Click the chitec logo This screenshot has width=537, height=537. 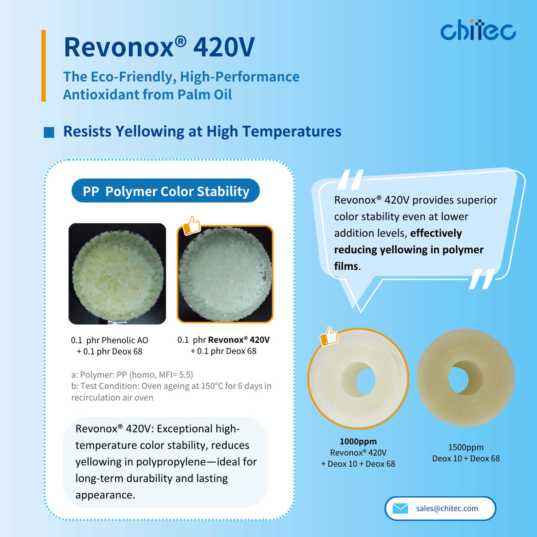point(478,30)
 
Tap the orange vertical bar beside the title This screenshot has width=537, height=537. point(43,66)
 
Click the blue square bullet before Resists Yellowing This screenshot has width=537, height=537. point(49,132)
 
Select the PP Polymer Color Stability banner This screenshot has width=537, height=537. point(166,191)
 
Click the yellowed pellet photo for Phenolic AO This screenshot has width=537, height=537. point(117,274)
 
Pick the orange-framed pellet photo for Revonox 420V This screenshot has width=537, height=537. point(225,274)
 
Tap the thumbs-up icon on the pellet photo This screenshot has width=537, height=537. point(192,226)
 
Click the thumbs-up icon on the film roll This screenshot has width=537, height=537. point(329,337)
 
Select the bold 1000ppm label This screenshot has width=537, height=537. point(358,441)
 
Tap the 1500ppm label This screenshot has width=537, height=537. point(466,447)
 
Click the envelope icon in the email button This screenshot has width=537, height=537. point(400,508)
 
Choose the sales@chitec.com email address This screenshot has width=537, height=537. point(447,508)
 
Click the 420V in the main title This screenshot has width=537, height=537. point(224,47)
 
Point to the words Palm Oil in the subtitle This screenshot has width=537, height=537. point(205,94)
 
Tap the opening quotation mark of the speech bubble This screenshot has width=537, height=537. point(350,180)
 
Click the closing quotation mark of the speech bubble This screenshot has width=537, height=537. point(482,279)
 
